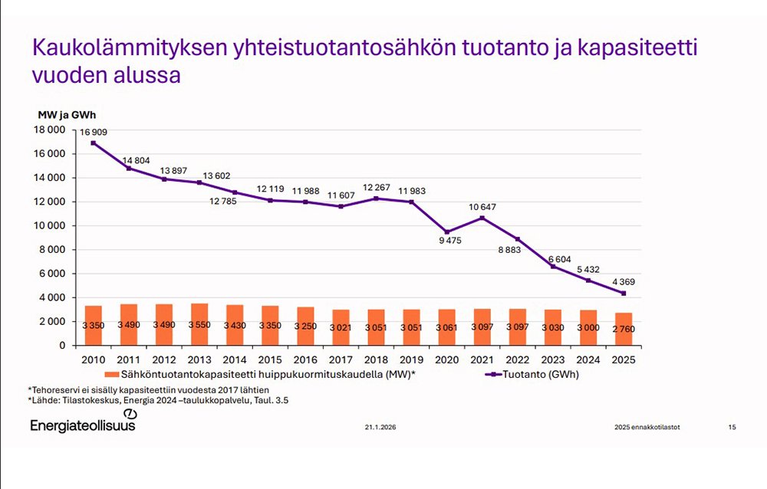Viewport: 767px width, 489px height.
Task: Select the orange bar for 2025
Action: coord(624,329)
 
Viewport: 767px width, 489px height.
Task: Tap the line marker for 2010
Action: coord(93,143)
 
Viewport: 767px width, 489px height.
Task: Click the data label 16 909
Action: coord(94,133)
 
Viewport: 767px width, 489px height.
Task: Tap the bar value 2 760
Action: coord(624,330)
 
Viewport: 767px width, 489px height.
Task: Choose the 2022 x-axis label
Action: coord(518,358)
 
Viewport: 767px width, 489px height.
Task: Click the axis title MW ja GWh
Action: coord(65,114)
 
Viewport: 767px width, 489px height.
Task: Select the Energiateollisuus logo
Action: coord(83,423)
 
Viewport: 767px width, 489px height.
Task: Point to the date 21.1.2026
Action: coord(380,426)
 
